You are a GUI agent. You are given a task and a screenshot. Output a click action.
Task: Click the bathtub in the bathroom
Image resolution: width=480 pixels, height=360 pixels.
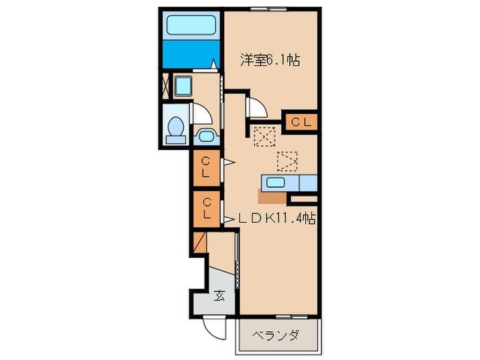(191, 25)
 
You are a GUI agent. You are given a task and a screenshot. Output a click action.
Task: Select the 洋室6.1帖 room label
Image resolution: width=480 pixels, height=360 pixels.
(269, 60)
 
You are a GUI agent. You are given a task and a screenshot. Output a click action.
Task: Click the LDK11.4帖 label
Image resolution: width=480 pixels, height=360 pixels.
(277, 218)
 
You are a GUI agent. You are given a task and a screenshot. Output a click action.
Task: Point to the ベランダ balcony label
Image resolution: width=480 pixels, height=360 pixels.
(276, 336)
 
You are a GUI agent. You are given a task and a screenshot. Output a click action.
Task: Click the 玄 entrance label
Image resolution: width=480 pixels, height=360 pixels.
(219, 296)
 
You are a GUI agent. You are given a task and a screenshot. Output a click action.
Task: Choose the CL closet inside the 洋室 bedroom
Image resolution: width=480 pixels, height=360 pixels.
(301, 122)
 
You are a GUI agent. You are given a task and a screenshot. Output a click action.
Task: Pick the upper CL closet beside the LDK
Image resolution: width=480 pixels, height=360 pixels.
(206, 168)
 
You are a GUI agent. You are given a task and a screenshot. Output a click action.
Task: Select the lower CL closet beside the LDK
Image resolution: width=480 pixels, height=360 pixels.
(206, 209)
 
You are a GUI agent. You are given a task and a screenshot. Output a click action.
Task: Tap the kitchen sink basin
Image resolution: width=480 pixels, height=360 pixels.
(276, 183)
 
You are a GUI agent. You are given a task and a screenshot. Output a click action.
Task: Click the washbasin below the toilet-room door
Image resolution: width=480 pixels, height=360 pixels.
(206, 136)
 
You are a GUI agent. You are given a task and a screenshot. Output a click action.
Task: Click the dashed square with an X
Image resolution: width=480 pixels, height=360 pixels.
(265, 136)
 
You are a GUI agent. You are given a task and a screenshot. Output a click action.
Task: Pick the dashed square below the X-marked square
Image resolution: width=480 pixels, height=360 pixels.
(287, 161)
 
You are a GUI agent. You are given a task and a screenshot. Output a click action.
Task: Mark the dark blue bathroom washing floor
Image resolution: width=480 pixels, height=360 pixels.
(191, 54)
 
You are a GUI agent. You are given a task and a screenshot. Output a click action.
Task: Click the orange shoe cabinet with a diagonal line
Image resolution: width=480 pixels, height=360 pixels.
(200, 243)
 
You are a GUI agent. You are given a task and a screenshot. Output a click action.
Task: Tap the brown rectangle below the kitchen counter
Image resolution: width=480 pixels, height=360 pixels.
(272, 197)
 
